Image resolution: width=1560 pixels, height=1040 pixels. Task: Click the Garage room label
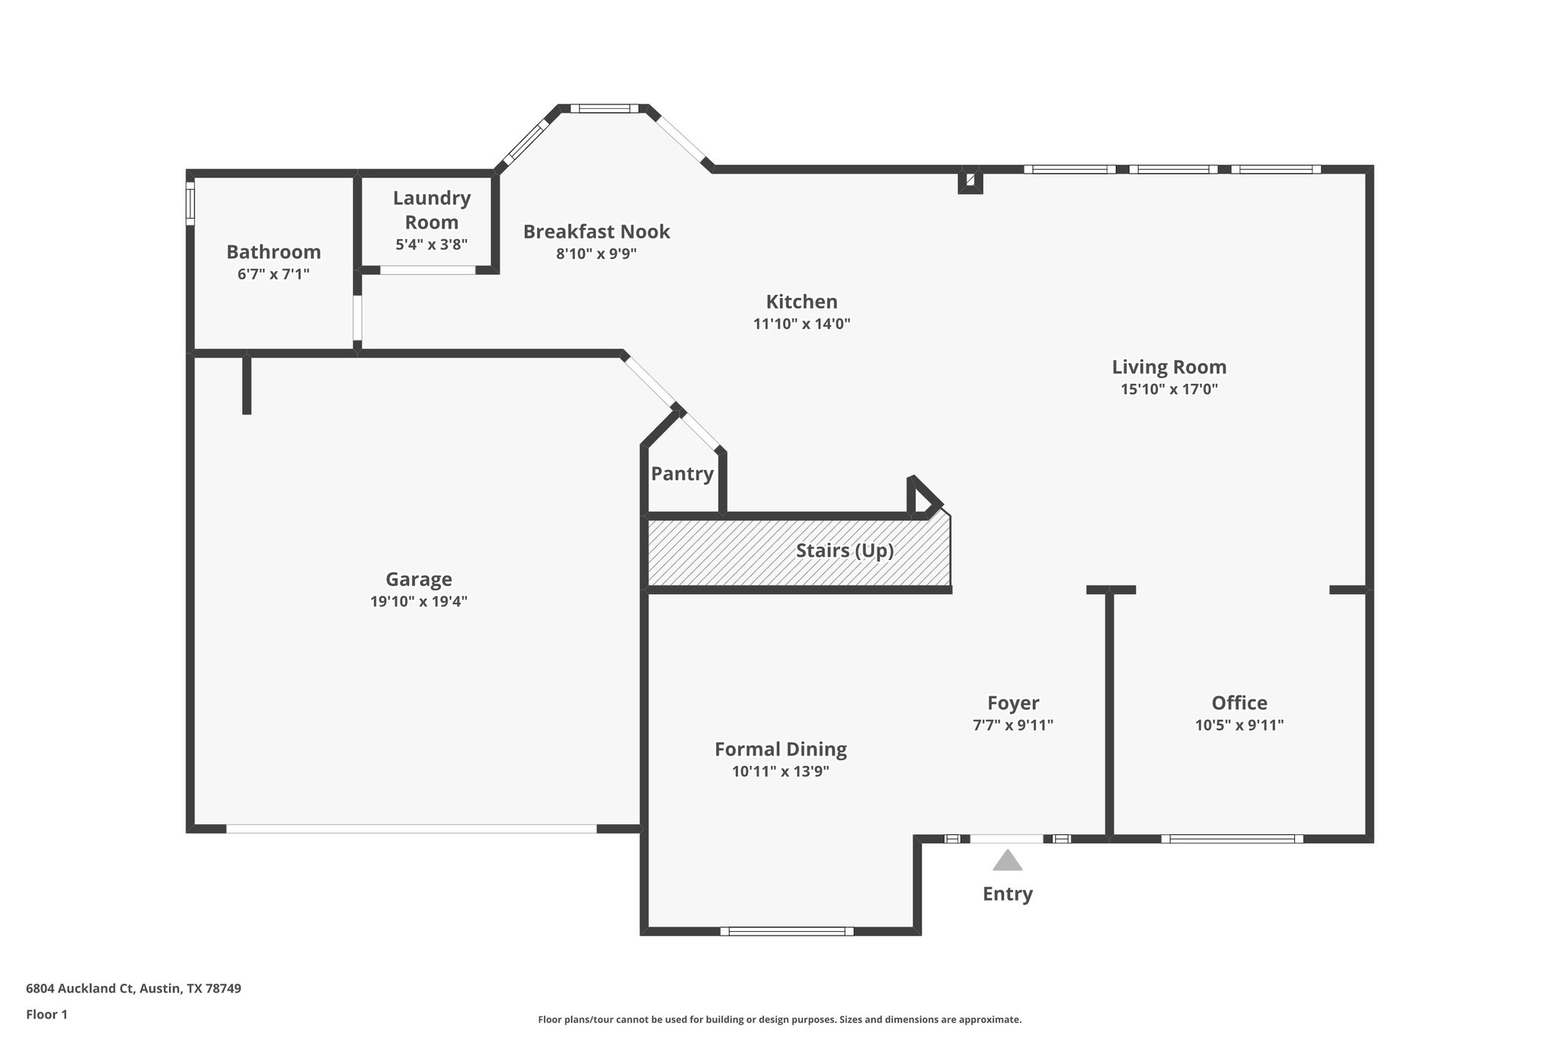pyautogui.click(x=418, y=579)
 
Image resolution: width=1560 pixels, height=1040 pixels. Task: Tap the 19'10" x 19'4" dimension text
pyautogui.click(x=418, y=602)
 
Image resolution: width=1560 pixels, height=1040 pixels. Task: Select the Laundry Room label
pyautogui.click(x=431, y=210)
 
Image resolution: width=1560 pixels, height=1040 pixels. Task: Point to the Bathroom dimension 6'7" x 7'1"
pyautogui.click(x=273, y=274)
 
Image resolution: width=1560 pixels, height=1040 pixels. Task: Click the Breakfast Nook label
pyautogui.click(x=596, y=232)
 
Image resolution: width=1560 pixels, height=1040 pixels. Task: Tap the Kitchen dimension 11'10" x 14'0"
pyautogui.click(x=801, y=324)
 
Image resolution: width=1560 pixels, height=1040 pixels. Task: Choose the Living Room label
pyautogui.click(x=1168, y=367)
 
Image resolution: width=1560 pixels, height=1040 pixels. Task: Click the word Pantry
pyautogui.click(x=682, y=474)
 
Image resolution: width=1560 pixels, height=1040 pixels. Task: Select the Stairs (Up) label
pyautogui.click(x=844, y=550)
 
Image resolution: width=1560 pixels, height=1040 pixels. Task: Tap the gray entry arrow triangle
pyautogui.click(x=1007, y=861)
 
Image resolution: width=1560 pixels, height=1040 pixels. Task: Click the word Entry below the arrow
pyautogui.click(x=1007, y=894)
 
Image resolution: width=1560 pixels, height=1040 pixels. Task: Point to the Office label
pyautogui.click(x=1239, y=703)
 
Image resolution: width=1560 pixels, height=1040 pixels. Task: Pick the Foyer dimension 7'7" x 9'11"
pyautogui.click(x=1012, y=725)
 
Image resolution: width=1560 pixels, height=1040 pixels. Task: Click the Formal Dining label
pyautogui.click(x=780, y=749)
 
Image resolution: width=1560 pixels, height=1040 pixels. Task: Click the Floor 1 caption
pyautogui.click(x=46, y=1014)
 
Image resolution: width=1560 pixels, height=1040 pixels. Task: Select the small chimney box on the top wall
pyautogui.click(x=970, y=181)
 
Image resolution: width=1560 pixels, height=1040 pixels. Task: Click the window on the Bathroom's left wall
pyautogui.click(x=190, y=203)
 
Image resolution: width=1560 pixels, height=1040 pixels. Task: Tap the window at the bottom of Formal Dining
pyautogui.click(x=786, y=931)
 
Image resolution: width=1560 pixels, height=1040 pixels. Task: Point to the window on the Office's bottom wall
pyautogui.click(x=1232, y=839)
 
